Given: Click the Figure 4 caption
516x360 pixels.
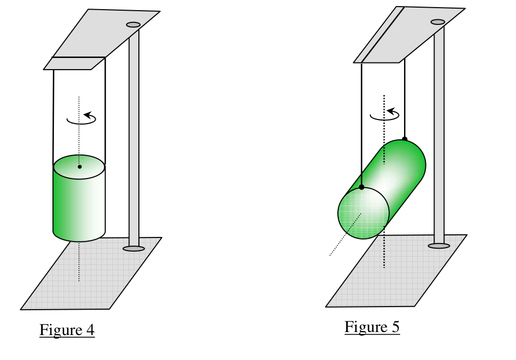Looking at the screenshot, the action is pyautogui.click(x=67, y=330).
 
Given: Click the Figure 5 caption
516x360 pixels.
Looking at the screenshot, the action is pyautogui.click(x=372, y=327).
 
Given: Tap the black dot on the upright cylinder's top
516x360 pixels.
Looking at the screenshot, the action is pyautogui.click(x=79, y=167).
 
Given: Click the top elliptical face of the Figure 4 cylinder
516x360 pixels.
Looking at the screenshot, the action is pyautogui.click(x=79, y=167).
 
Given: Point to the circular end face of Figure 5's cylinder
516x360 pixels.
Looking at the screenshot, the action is pyautogui.click(x=364, y=214).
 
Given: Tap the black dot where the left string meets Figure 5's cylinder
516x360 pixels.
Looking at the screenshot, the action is pyautogui.click(x=362, y=187).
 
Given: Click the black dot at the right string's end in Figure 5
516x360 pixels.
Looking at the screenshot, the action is pyautogui.click(x=405, y=139).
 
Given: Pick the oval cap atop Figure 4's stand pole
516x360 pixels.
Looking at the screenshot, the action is pyautogui.click(x=133, y=24).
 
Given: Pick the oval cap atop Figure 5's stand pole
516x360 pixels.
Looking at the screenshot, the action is pyautogui.click(x=438, y=22).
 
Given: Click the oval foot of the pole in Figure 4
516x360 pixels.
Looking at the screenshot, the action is pyautogui.click(x=134, y=249).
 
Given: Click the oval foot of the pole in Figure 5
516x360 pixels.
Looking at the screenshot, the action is pyautogui.click(x=439, y=246).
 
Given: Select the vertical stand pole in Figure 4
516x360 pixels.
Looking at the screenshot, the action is pyautogui.click(x=134, y=138).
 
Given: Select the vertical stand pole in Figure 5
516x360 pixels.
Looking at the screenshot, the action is pyautogui.click(x=439, y=135).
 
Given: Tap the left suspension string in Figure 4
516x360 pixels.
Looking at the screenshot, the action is pyautogui.click(x=53, y=117).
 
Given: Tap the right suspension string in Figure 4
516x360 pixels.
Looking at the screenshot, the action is pyautogui.click(x=105, y=111).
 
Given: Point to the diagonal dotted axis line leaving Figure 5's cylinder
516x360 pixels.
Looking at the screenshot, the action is pyautogui.click(x=346, y=234).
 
